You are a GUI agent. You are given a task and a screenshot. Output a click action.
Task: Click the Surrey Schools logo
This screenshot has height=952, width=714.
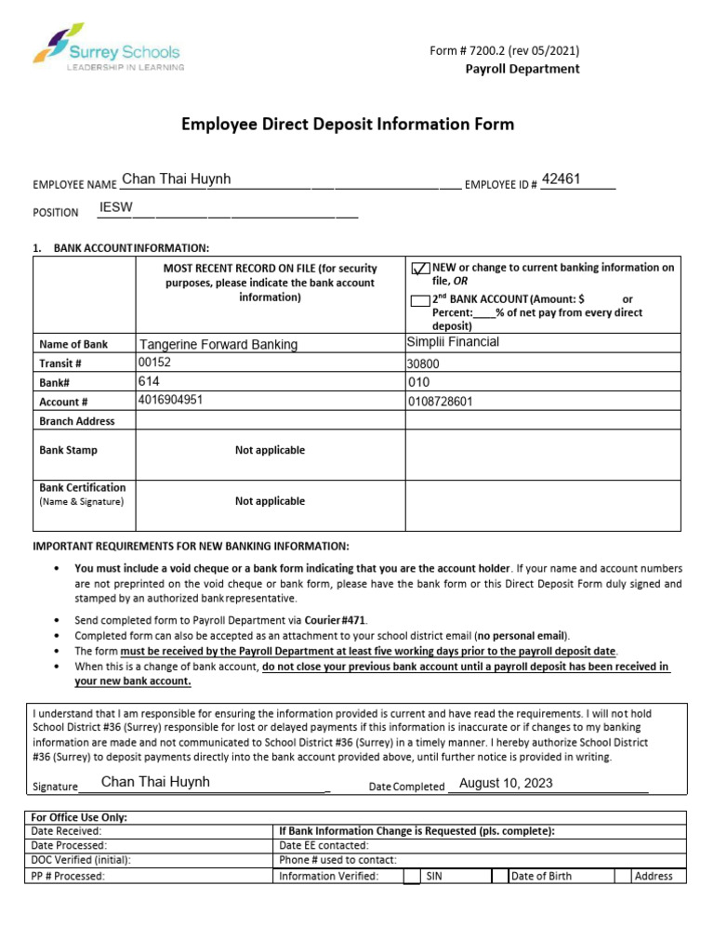tap(107, 47)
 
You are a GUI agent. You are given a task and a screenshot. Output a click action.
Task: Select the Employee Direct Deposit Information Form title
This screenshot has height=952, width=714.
tap(347, 124)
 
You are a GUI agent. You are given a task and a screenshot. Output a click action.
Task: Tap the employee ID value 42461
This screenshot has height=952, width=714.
tap(562, 179)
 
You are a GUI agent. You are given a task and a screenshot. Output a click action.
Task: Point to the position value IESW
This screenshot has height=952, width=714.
tap(116, 207)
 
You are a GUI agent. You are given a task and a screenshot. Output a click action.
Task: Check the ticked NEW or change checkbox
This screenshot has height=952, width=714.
tap(420, 269)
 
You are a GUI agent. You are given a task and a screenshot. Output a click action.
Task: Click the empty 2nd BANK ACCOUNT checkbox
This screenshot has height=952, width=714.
tap(419, 300)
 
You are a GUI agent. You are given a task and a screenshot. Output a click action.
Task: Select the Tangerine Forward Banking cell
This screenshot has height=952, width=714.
tap(218, 345)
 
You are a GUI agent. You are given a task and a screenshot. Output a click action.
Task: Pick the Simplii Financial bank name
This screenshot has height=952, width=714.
tap(453, 342)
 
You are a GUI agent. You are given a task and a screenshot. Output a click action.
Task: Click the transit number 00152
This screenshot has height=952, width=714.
tap(155, 362)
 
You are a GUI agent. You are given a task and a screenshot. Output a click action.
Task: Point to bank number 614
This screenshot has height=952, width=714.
tap(149, 381)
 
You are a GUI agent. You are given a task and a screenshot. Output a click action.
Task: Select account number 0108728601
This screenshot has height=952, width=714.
tap(441, 402)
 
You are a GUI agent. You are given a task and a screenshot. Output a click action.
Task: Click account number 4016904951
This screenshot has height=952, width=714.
tap(170, 400)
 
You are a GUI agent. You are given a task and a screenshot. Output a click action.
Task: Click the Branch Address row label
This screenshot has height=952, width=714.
tap(77, 421)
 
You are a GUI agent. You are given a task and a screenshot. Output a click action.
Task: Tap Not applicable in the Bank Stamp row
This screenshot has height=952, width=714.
tap(270, 450)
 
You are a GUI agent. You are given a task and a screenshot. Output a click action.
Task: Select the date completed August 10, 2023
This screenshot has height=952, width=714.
tap(506, 783)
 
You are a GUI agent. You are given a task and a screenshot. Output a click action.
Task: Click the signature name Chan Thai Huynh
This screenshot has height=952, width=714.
tap(155, 782)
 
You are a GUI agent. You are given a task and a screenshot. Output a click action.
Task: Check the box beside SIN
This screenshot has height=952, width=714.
tap(412, 876)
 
